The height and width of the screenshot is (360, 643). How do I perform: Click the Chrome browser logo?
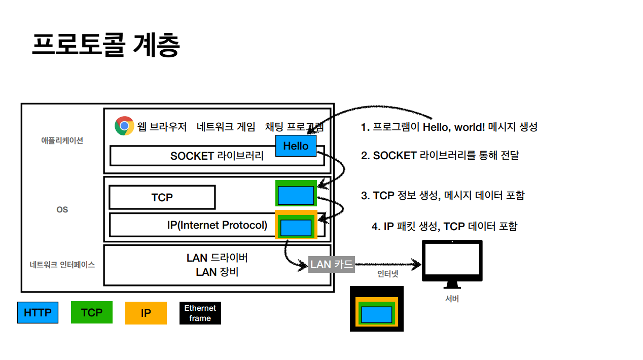124,126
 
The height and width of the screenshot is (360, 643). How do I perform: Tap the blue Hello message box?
296,146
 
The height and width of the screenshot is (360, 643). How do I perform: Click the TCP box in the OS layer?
162,197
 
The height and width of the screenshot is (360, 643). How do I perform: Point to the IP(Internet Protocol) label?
217,225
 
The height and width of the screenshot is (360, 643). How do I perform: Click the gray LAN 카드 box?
332,264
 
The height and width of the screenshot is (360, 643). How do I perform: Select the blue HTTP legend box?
38,313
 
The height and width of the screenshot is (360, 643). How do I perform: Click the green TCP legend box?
92,312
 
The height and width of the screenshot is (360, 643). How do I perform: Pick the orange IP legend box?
146,313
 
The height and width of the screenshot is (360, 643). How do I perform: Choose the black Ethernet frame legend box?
200,313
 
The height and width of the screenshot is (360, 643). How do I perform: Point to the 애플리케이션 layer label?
62,140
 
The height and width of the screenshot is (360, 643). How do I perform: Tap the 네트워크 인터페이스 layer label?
62,265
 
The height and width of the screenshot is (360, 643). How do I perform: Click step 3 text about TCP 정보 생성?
442,195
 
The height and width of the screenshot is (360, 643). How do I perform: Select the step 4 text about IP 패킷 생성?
444,226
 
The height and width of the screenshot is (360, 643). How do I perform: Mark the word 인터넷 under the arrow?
387,274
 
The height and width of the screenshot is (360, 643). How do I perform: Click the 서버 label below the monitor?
452,299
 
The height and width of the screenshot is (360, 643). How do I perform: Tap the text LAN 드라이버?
217,258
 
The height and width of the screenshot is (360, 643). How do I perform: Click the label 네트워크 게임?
226,127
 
